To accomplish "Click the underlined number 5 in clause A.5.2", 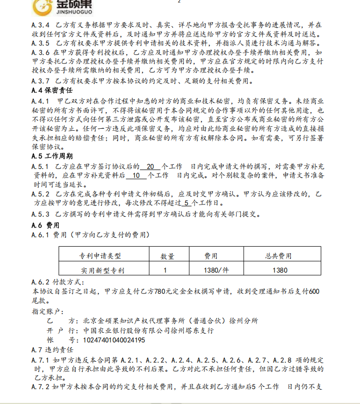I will [187, 203].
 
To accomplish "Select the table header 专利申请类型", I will [100, 256].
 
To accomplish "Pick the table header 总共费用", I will [278, 256].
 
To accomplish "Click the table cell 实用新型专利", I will [103, 270].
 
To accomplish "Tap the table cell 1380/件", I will [217, 270].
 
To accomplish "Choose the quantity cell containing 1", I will [165, 270].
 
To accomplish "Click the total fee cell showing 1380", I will [279, 270].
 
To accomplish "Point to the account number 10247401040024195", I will [114, 340].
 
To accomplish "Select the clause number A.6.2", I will [40, 282].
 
